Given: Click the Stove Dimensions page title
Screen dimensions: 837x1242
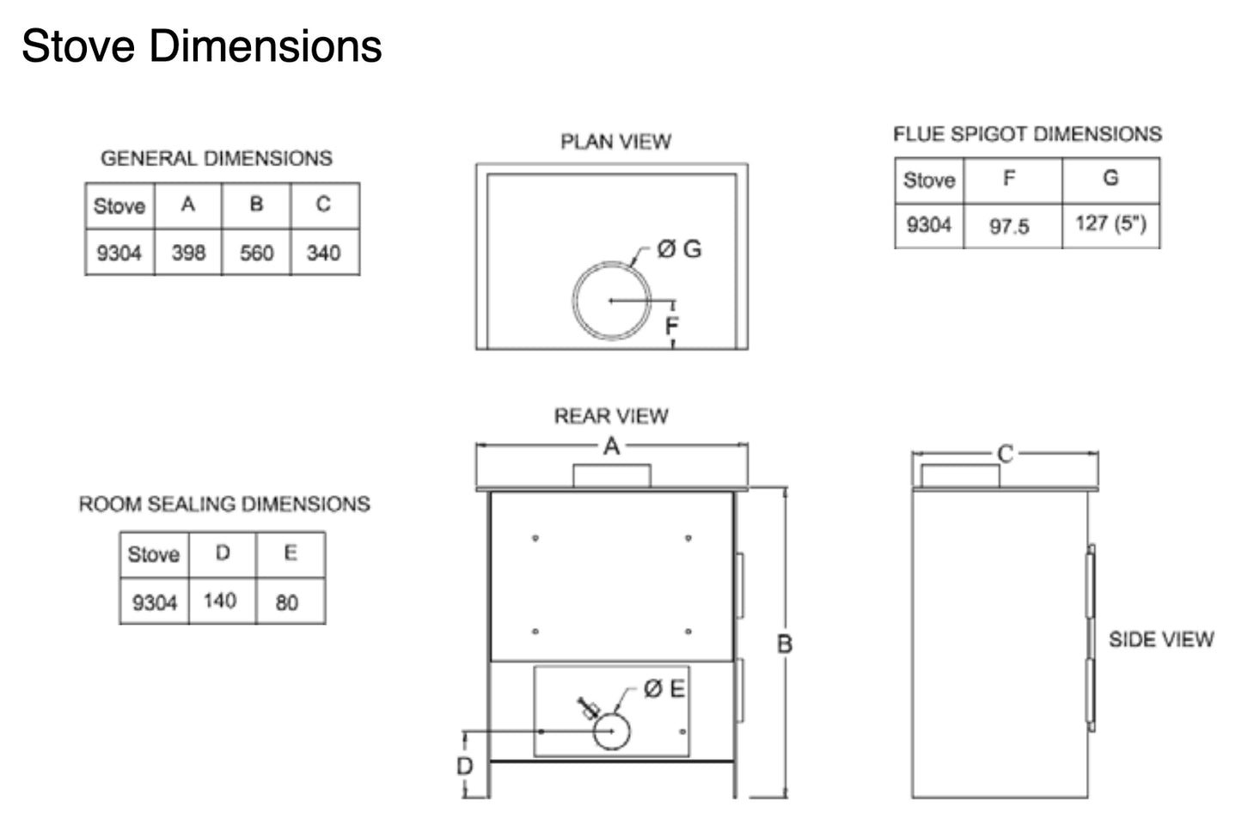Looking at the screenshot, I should [x=201, y=46].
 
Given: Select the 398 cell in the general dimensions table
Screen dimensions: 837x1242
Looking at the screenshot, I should [x=188, y=253].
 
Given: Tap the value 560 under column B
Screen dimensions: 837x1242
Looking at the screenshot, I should [x=256, y=253].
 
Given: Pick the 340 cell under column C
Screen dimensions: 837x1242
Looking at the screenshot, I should [x=323, y=253].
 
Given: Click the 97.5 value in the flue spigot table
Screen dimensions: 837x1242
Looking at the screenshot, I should [x=1009, y=227].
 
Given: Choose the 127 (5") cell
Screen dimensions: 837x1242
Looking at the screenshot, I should [x=1110, y=224].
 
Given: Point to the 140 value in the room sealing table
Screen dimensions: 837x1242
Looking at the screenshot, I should [x=220, y=601].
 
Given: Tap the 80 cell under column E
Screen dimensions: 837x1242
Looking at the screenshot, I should [x=287, y=602].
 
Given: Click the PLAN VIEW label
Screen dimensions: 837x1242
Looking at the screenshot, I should [x=615, y=142].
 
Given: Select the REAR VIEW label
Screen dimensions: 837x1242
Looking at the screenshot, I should [x=611, y=417].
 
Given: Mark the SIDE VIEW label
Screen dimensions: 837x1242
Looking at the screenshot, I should [x=1161, y=639].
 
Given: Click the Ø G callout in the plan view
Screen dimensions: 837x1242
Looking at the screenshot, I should [x=679, y=249].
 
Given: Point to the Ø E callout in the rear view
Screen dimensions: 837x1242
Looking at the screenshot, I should [x=664, y=689].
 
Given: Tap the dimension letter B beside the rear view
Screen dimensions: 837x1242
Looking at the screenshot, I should [x=785, y=644].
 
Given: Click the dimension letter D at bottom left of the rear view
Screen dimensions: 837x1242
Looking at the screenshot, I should [x=464, y=766].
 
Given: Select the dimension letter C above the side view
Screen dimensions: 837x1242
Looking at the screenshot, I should [x=1005, y=454].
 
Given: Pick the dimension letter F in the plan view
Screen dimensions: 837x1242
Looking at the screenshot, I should [x=672, y=326].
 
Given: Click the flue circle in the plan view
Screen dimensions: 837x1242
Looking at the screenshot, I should [x=612, y=300].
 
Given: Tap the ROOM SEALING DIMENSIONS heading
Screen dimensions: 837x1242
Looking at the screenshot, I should [x=224, y=504].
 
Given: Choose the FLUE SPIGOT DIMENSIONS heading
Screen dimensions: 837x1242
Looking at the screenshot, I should [x=1027, y=135].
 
